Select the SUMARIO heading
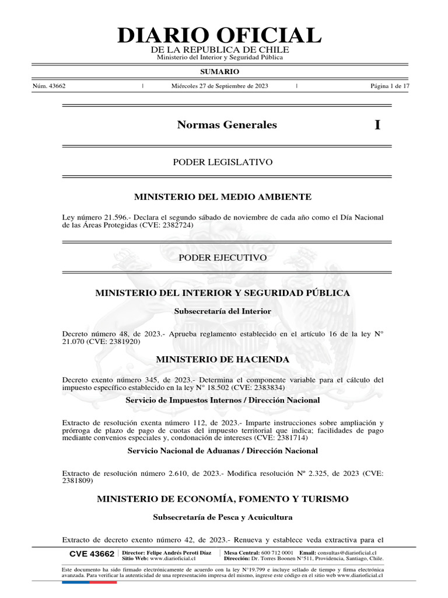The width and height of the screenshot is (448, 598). [x=219, y=71]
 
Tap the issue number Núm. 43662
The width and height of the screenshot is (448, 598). [x=49, y=86]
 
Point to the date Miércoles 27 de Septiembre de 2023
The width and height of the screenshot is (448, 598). [x=220, y=86]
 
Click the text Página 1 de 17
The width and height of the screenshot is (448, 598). [x=390, y=86]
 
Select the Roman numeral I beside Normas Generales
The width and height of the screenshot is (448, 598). [x=377, y=125]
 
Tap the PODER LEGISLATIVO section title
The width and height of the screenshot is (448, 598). [x=223, y=162]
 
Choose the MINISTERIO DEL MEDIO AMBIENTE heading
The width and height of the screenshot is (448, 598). [x=223, y=197]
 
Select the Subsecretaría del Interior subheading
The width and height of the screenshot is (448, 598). [x=223, y=311]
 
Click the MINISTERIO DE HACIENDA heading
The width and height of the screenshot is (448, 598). [x=223, y=359]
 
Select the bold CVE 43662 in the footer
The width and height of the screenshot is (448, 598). [x=92, y=554]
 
